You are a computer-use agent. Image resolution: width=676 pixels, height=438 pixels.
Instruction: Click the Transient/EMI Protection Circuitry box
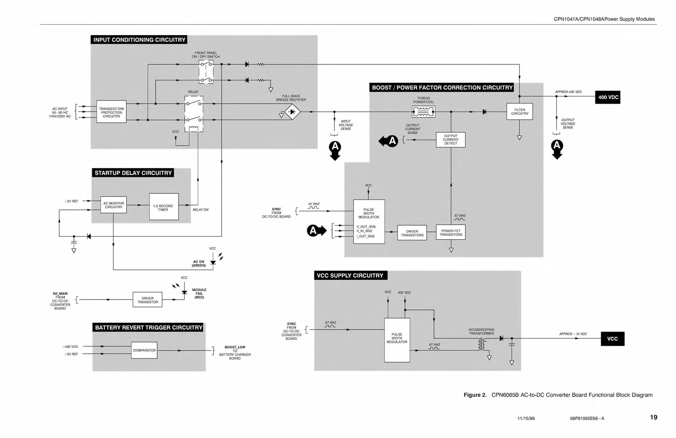pyautogui.click(x=111, y=112)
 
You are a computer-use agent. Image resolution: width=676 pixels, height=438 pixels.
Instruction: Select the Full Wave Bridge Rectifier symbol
pyautogui.click(x=292, y=112)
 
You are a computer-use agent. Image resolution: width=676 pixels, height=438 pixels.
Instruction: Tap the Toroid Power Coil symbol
pyautogui.click(x=423, y=112)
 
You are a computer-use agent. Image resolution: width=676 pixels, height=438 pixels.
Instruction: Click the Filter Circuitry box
pyautogui.click(x=519, y=112)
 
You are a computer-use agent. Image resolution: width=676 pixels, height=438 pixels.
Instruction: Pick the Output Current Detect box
pyautogui.click(x=450, y=140)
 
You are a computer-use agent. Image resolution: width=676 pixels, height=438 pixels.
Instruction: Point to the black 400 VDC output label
pyautogui.click(x=608, y=97)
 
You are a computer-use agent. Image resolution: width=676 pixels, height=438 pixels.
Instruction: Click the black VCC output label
pyautogui.click(x=612, y=339)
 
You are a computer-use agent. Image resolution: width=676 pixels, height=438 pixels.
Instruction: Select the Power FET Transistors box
pyautogui.click(x=451, y=233)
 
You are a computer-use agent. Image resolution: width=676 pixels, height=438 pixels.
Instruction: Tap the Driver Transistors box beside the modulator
pyautogui.click(x=412, y=233)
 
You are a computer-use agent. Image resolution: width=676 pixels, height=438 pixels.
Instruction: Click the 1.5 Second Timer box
pyautogui.click(x=164, y=207)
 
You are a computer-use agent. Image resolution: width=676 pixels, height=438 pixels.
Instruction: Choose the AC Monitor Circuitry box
pyautogui.click(x=113, y=205)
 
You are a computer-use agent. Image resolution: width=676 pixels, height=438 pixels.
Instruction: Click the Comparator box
pyautogui.click(x=144, y=350)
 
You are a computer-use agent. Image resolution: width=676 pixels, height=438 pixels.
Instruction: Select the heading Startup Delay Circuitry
pyautogui.click(x=133, y=173)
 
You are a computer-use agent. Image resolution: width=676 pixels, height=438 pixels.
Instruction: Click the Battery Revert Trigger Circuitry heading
pyautogui.click(x=149, y=328)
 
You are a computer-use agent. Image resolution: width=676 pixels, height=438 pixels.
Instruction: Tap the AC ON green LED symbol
pyautogui.click(x=213, y=262)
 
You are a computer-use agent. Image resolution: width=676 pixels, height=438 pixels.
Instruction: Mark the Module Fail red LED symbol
pyautogui.click(x=184, y=292)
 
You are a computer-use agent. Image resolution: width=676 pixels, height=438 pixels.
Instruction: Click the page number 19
pyautogui.click(x=653, y=418)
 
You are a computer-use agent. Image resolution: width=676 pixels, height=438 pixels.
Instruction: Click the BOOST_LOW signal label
pyautogui.click(x=234, y=347)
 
